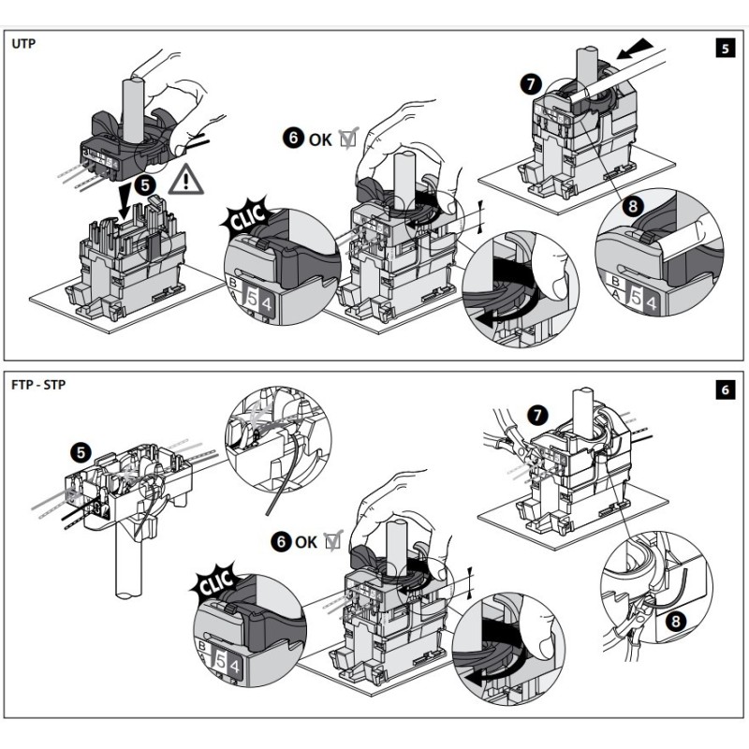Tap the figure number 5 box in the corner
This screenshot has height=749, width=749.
723,48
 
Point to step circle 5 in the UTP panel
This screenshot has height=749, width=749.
146,185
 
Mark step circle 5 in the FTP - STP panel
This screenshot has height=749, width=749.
81,450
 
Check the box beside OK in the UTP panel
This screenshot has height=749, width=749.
348,140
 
